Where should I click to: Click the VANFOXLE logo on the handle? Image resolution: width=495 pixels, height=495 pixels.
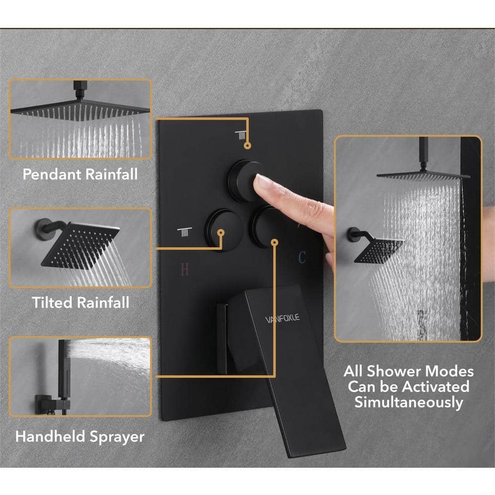[282, 318]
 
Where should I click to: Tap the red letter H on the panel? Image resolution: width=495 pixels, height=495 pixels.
[185, 269]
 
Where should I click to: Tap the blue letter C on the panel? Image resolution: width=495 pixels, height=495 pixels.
[302, 257]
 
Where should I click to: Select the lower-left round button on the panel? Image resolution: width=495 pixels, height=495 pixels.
[223, 229]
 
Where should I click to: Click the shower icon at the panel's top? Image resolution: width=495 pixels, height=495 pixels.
[241, 135]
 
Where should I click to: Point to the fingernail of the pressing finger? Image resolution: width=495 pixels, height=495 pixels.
[261, 182]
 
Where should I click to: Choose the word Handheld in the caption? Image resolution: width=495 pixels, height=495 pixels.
[50, 436]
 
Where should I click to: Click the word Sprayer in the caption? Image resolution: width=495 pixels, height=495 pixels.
[117, 437]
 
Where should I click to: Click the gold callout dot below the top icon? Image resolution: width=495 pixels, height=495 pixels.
[248, 146]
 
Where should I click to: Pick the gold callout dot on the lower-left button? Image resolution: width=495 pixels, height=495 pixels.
[221, 233]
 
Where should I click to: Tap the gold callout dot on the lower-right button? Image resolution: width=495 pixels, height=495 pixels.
[275, 243]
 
